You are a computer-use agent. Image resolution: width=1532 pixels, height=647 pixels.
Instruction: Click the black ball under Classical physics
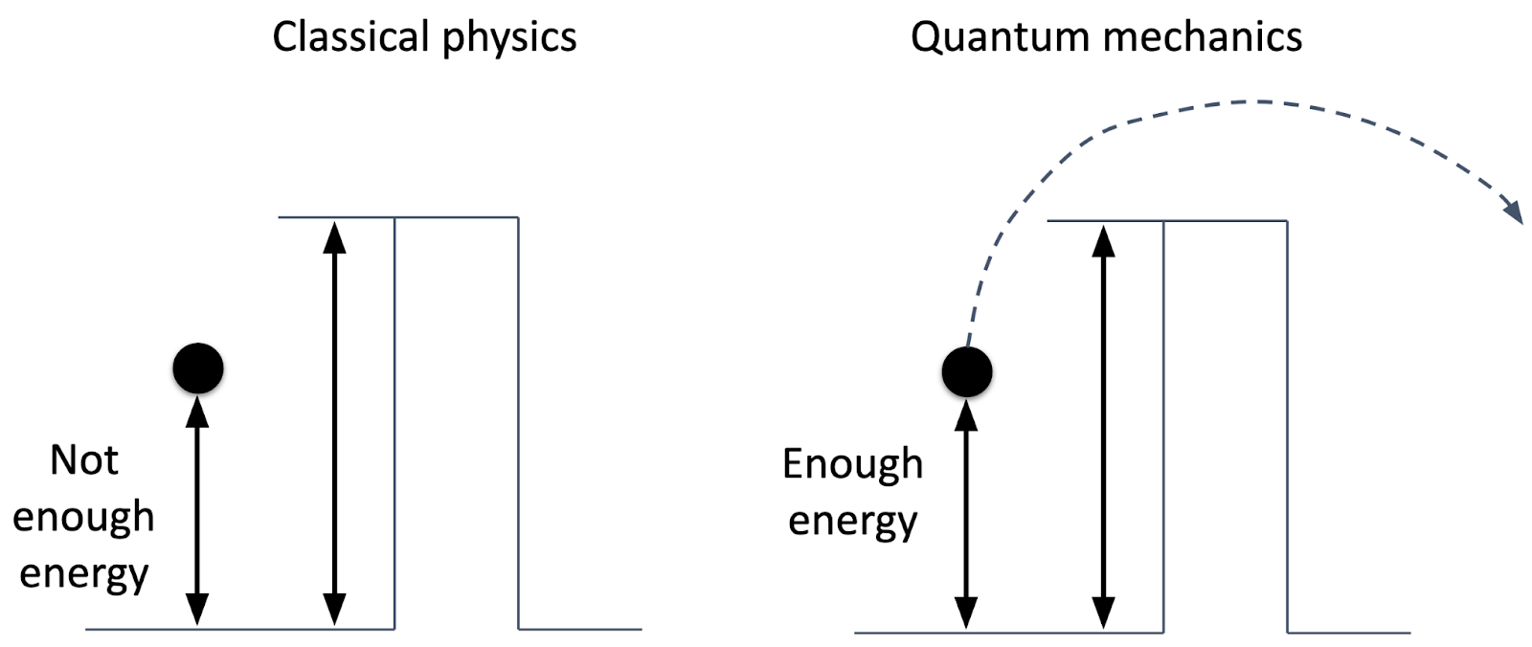198,368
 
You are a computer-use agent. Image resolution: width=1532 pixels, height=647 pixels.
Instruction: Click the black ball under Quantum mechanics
967,371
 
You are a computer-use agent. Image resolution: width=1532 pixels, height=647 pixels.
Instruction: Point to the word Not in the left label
84,460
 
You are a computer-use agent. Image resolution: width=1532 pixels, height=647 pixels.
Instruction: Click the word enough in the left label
83,517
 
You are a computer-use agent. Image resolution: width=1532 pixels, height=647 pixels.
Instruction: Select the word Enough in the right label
852,464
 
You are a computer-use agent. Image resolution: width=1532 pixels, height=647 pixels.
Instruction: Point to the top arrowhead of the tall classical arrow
334,236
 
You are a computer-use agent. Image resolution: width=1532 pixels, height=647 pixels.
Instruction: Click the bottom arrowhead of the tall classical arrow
334,610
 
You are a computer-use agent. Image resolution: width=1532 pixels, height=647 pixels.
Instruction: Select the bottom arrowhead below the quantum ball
966,613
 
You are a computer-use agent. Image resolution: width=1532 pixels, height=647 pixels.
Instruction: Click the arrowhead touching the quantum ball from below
966,413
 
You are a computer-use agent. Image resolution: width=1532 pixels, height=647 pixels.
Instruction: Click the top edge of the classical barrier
456,217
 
